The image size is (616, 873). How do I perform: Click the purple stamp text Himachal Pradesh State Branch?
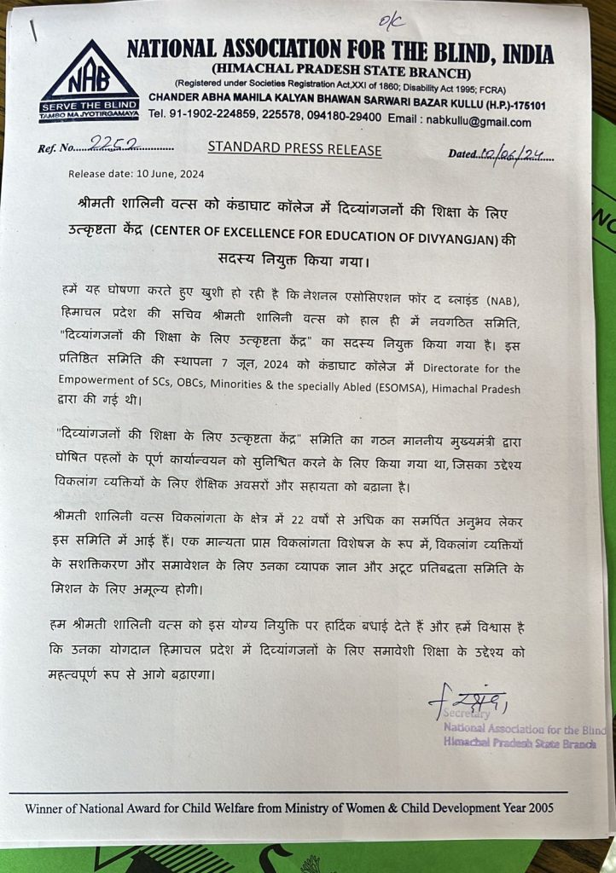(520, 743)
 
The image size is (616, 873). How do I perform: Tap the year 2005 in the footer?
(546, 807)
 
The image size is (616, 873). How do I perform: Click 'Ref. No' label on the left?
(55, 149)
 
